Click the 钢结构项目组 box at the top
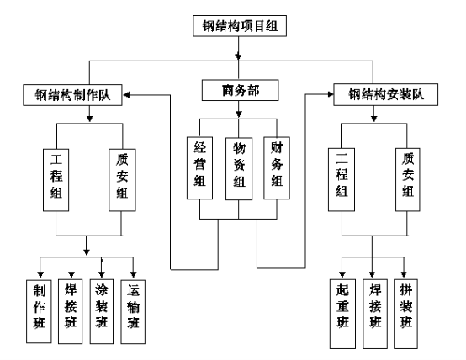(x=240, y=26)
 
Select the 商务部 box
(x=240, y=90)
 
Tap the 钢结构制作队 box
(x=72, y=95)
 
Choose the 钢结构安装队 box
(x=386, y=94)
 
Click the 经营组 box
(x=199, y=168)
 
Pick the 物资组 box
(x=239, y=168)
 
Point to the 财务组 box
(x=277, y=168)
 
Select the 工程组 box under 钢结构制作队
(x=56, y=180)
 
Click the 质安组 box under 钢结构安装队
(x=408, y=179)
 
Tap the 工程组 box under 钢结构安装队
(x=342, y=179)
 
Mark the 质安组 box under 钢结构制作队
(x=122, y=180)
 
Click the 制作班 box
(x=39, y=311)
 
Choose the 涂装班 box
(x=101, y=311)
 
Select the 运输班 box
(x=133, y=311)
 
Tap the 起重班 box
(x=342, y=314)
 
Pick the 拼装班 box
(x=406, y=314)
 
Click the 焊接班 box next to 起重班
(x=375, y=314)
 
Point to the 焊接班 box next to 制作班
(x=70, y=311)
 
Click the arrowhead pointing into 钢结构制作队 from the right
(x=126, y=95)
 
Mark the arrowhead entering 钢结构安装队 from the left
(x=331, y=94)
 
